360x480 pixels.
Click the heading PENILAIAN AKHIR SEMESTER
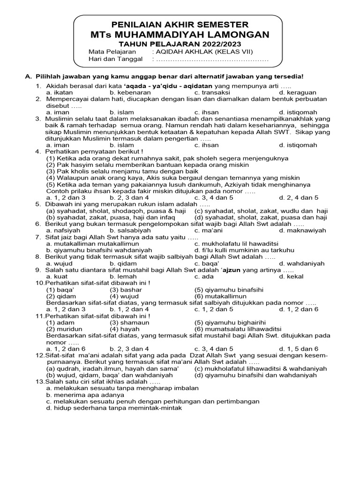(x=180, y=24)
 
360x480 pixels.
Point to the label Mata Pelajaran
(x=112, y=52)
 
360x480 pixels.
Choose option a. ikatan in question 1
(x=60, y=93)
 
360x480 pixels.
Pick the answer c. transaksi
(x=211, y=93)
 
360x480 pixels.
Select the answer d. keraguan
(x=298, y=93)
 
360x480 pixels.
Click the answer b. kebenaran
(x=127, y=93)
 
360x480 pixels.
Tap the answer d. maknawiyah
(x=302, y=231)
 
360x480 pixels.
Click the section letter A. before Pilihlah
(x=28, y=76)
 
